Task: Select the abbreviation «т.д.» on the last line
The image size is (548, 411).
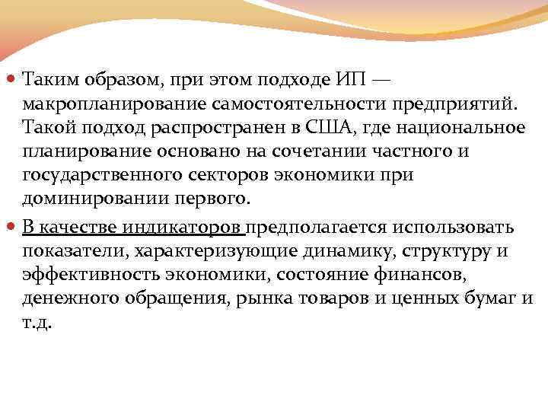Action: (37, 324)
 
